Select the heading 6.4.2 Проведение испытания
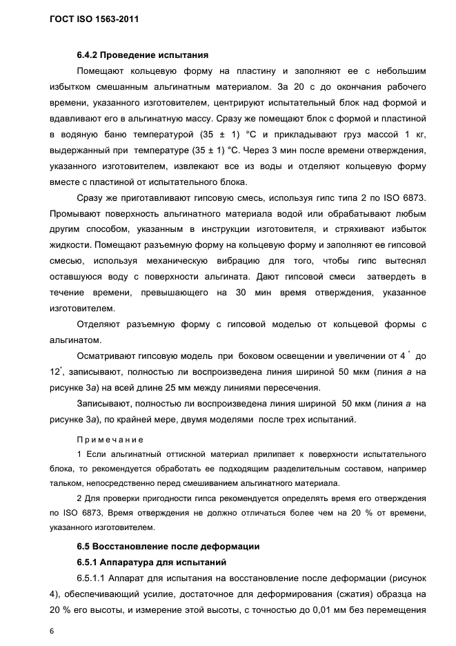click(x=142, y=55)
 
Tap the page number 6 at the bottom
click(x=52, y=630)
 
